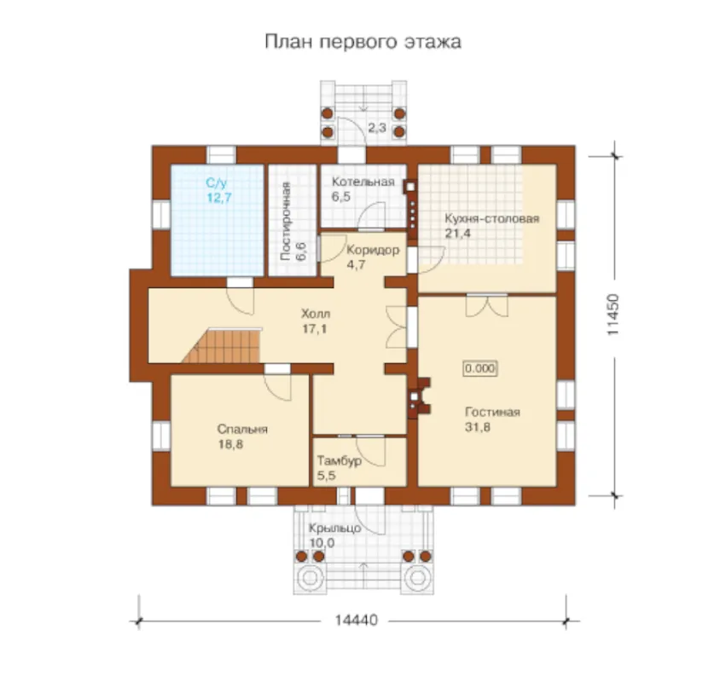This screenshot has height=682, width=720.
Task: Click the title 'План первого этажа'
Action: click(x=363, y=42)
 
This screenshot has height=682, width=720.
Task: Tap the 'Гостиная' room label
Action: click(x=493, y=412)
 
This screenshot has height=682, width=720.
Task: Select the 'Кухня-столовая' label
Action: click(x=491, y=218)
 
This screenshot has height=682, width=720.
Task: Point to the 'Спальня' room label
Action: click(x=242, y=430)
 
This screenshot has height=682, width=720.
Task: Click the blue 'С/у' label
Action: click(x=217, y=183)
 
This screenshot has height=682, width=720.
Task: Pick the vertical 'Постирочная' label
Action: click(x=285, y=221)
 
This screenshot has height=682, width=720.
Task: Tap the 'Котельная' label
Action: click(x=363, y=182)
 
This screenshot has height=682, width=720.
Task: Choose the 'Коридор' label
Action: click(x=373, y=250)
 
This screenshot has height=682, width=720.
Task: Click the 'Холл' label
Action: click(x=316, y=314)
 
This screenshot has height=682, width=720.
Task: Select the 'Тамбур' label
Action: click(x=340, y=460)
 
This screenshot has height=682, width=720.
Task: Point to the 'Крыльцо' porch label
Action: click(x=334, y=529)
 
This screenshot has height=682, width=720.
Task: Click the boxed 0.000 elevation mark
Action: click(x=480, y=368)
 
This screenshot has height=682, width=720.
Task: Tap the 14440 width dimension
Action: click(x=357, y=621)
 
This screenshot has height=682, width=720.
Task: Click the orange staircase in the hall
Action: click(x=224, y=345)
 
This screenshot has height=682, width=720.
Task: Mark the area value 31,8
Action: click(x=478, y=427)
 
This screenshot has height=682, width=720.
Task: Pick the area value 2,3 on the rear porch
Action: click(x=376, y=128)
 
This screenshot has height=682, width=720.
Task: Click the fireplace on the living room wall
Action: click(x=419, y=398)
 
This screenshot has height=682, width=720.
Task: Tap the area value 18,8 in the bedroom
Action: click(x=230, y=444)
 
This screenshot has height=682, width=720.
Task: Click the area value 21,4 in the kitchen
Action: click(x=458, y=233)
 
